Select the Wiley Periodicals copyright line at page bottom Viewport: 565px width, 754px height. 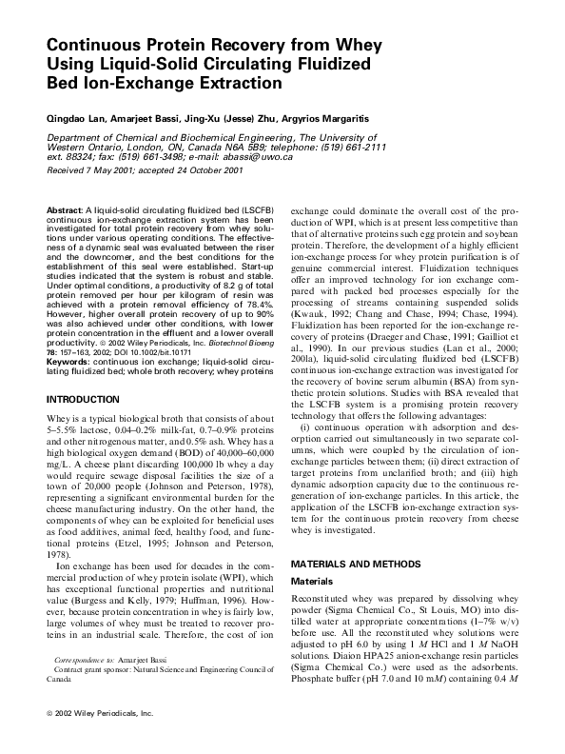[99, 739]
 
